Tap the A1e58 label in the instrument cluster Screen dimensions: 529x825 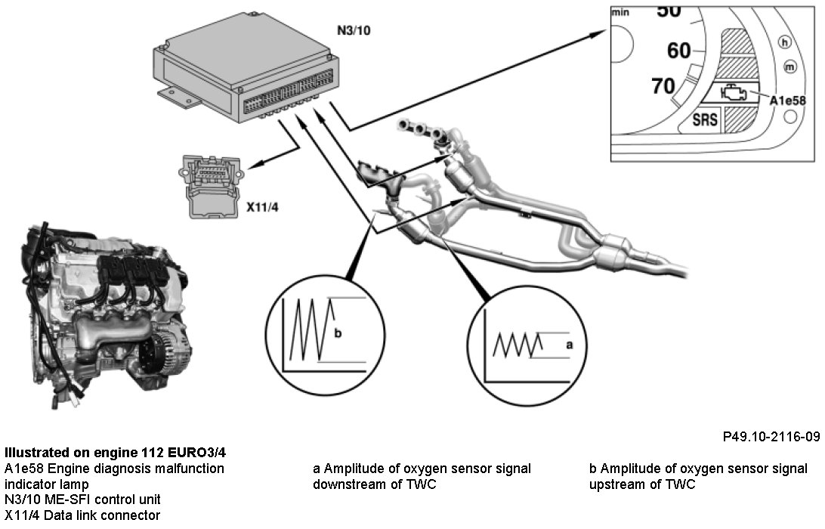click(789, 99)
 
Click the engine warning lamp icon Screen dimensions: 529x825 click(733, 94)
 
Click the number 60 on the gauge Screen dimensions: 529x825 click(678, 51)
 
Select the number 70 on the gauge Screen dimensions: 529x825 click(663, 86)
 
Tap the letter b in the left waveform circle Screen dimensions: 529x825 click(337, 333)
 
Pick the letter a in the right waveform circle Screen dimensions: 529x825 click(570, 345)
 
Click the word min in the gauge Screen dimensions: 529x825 click(621, 12)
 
